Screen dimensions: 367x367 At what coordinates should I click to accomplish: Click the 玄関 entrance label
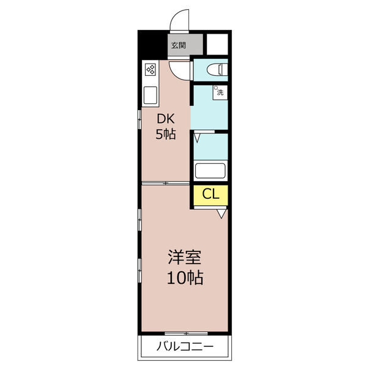[x=179, y=45]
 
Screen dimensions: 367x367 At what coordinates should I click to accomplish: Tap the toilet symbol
[x=217, y=70]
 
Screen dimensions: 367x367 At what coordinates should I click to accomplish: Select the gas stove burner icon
[x=150, y=70]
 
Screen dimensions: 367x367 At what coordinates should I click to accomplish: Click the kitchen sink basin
[x=150, y=95]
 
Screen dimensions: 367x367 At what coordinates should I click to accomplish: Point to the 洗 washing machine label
[x=220, y=92]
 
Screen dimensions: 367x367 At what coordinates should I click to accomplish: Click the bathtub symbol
[x=210, y=171]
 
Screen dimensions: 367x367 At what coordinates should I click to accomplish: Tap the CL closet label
[x=211, y=194]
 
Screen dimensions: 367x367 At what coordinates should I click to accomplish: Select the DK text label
[x=166, y=119]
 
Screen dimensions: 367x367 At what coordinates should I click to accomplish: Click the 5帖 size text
[x=166, y=135]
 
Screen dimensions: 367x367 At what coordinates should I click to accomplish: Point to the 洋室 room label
[x=185, y=258]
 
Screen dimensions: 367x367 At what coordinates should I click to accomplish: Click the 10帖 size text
[x=185, y=278]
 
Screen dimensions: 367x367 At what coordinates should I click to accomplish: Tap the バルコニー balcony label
[x=185, y=346]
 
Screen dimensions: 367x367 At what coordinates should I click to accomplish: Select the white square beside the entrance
[x=217, y=45]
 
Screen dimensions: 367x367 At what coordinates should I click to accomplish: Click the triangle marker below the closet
[x=221, y=214]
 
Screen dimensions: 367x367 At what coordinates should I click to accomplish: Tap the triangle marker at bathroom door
[x=197, y=138]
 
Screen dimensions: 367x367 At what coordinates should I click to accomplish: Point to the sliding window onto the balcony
[x=187, y=333]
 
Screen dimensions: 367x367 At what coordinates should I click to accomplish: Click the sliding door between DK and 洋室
[x=166, y=183]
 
